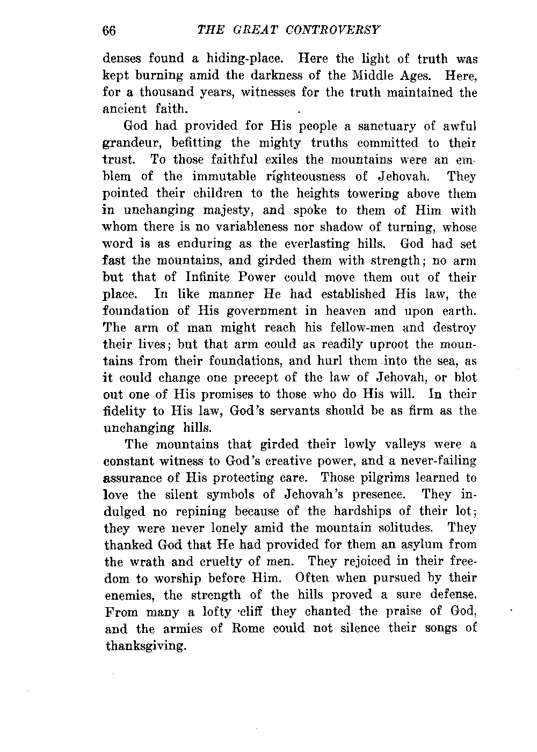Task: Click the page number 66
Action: click(109, 30)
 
